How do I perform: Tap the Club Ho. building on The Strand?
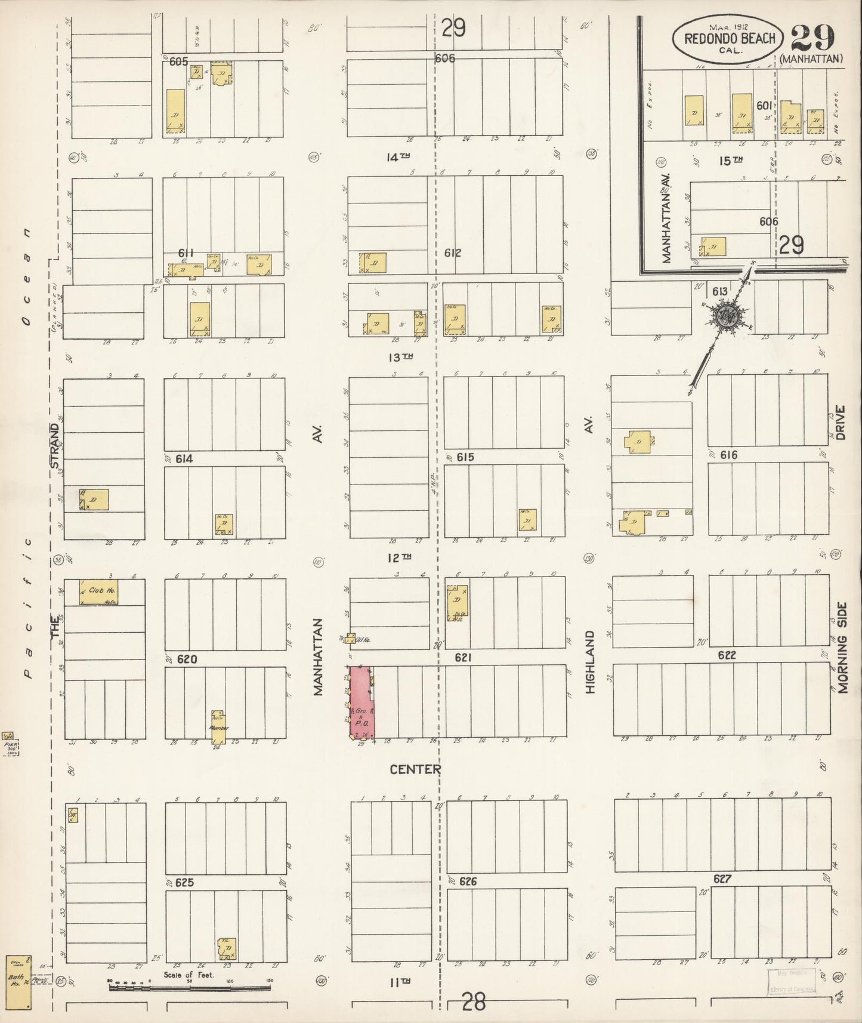coord(98,592)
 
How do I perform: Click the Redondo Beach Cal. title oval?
coord(729,39)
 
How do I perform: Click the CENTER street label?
coord(415,769)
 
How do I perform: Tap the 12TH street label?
coord(399,557)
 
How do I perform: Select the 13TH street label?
coord(400,357)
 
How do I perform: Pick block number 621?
coord(463,657)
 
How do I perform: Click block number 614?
coord(184,458)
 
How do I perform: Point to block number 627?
coord(722,879)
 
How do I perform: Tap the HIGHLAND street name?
coord(591,662)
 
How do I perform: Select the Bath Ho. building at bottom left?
coord(18,982)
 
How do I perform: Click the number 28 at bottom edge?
coord(474,1001)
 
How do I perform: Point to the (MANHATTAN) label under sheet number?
coord(811,58)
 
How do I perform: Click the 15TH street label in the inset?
coord(730,160)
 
